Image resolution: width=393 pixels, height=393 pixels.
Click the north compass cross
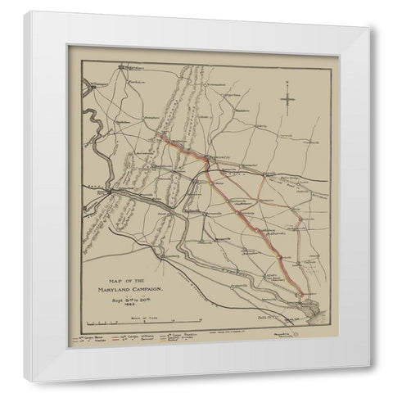coord(287,101)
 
